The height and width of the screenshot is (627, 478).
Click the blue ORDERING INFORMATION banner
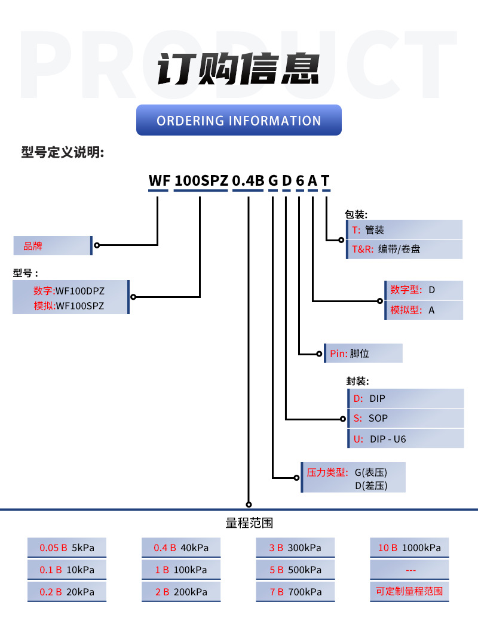[x=239, y=120]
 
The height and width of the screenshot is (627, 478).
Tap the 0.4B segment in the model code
[x=248, y=181]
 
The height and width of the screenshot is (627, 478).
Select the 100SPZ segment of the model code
[x=201, y=181]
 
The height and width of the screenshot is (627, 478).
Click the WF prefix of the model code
[x=159, y=181]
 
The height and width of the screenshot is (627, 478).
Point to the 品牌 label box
[x=53, y=245]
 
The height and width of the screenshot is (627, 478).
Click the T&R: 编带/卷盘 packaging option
[x=404, y=250]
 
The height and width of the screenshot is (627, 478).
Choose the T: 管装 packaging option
[x=404, y=230]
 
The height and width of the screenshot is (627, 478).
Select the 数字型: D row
[x=424, y=290]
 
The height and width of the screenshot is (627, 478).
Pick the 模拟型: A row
[x=424, y=311]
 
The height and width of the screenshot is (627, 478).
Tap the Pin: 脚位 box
[x=363, y=354]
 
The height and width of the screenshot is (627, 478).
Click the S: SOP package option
[x=406, y=418]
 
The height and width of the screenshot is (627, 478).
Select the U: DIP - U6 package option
[x=406, y=439]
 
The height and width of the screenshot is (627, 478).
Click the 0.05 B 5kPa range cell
[x=67, y=548]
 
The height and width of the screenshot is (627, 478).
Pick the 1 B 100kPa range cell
[x=181, y=570]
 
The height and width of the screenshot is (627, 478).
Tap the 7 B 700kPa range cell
[x=295, y=592]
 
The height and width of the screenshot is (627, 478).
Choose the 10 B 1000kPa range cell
[x=409, y=548]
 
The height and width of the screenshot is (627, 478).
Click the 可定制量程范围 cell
[x=409, y=592]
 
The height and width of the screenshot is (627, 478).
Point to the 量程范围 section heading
[x=249, y=523]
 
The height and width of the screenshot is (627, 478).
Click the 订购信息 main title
[x=239, y=69]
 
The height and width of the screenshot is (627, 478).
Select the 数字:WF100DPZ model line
[x=69, y=291]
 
